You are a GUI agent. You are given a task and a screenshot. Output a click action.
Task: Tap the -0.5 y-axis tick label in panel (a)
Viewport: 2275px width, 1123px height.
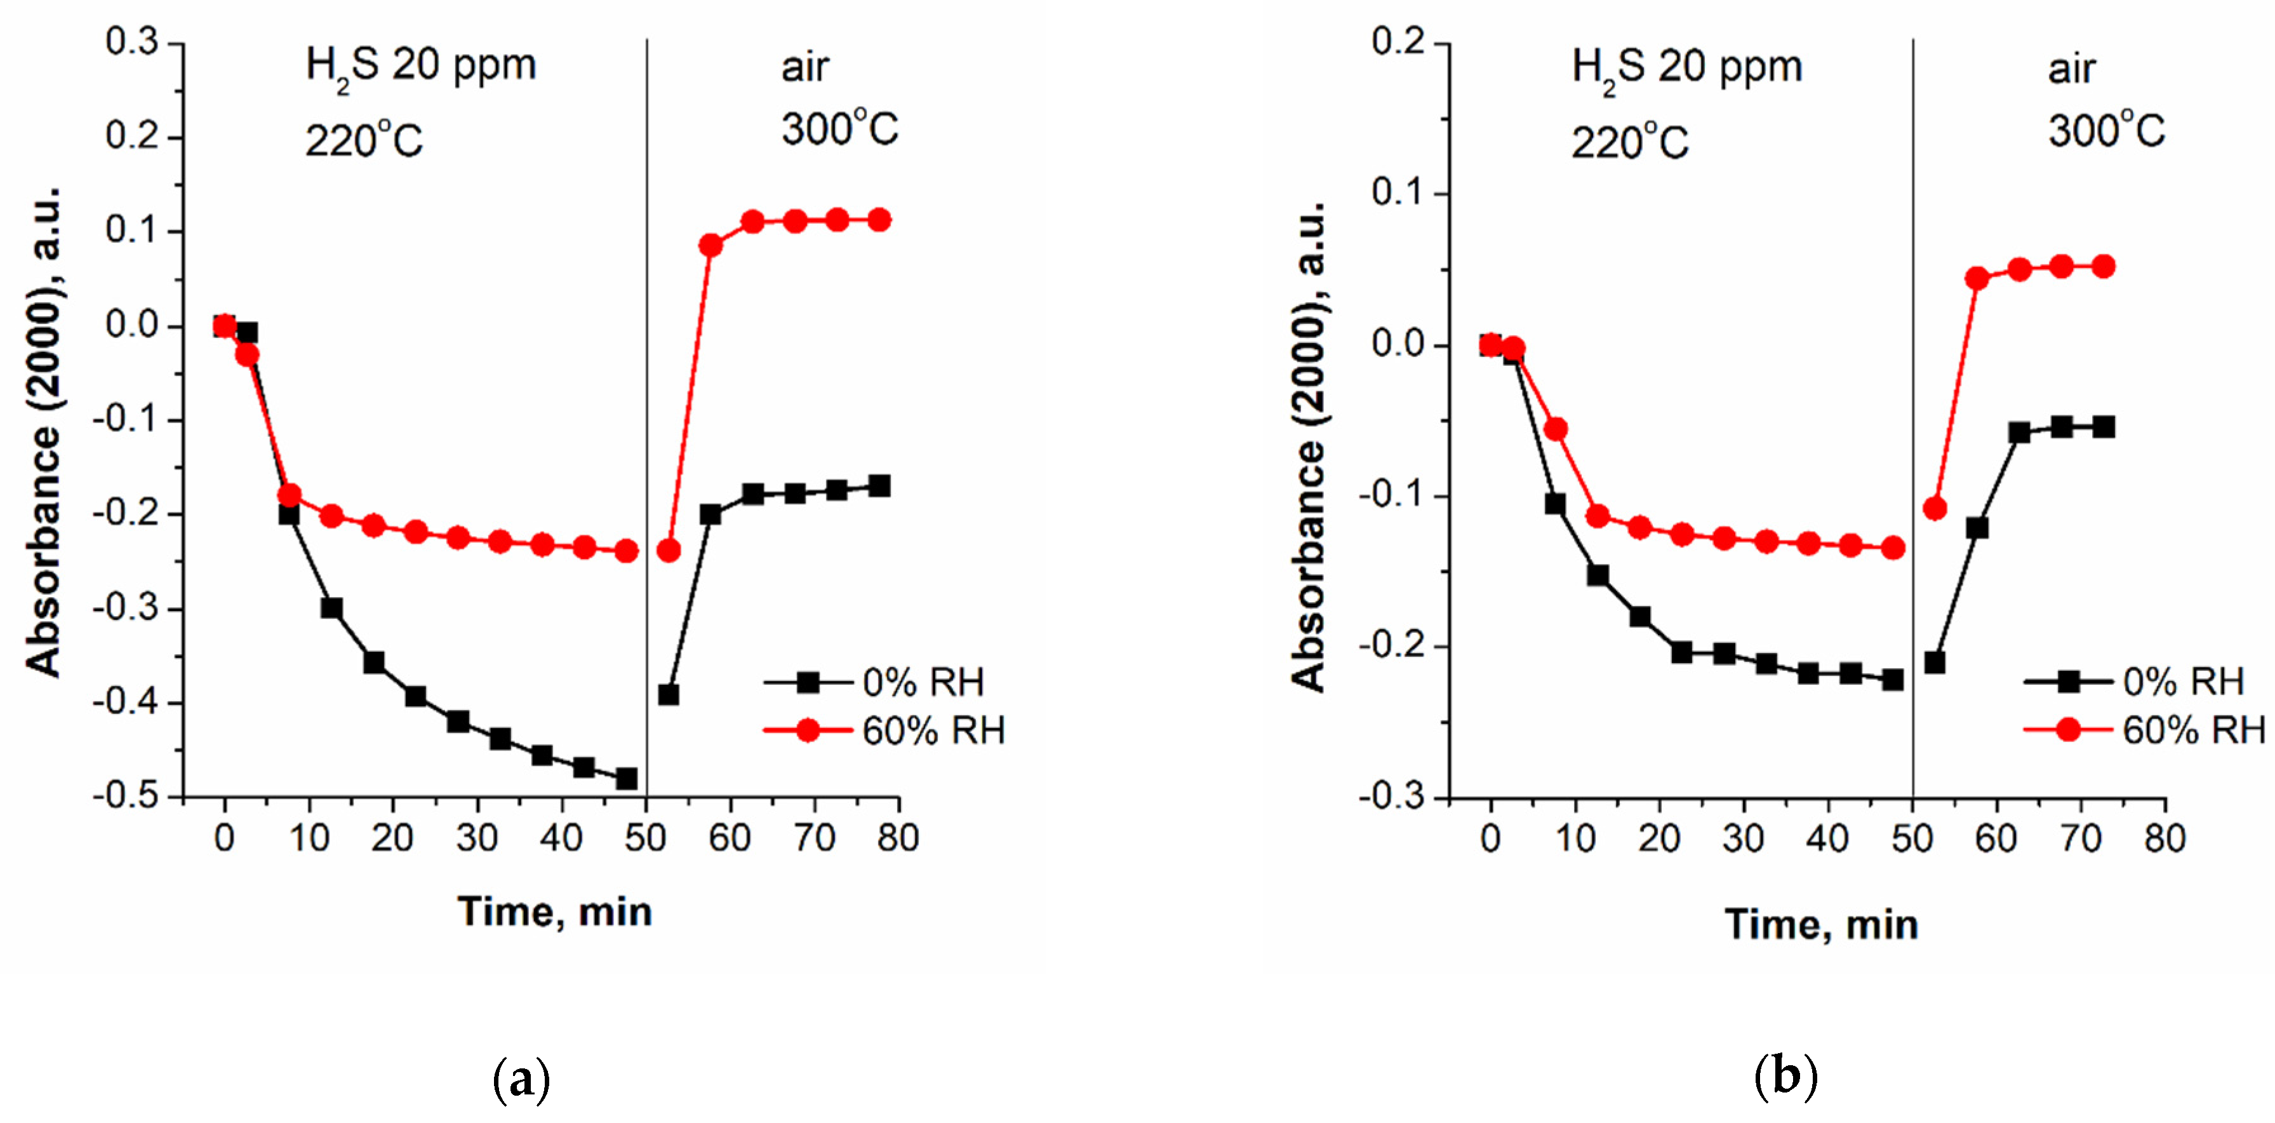tap(126, 796)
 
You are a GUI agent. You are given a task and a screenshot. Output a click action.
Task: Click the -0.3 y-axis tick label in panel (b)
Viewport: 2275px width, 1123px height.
tap(1392, 796)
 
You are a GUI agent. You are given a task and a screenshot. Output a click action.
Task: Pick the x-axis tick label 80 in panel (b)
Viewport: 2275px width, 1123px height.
tap(2165, 838)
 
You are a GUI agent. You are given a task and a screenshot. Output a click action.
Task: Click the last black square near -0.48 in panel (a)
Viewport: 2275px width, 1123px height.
tap(626, 778)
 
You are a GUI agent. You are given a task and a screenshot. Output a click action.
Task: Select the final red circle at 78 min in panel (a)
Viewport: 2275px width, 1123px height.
tap(879, 220)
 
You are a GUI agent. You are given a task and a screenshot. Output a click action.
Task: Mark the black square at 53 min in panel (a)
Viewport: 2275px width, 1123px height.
tap(669, 694)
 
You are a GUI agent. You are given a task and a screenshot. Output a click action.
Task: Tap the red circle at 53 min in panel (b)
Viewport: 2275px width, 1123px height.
tap(1934, 508)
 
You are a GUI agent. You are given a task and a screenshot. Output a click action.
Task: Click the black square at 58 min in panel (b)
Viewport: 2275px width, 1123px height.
tap(1977, 527)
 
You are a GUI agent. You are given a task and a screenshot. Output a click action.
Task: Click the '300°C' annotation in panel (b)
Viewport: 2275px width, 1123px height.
tap(2105, 131)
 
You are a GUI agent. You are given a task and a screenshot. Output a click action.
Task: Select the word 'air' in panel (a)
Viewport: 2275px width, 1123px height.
tap(804, 68)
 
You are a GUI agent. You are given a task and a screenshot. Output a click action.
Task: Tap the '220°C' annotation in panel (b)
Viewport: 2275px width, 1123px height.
tap(1629, 142)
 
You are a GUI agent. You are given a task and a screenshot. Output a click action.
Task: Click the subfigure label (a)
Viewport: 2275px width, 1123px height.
tap(521, 1079)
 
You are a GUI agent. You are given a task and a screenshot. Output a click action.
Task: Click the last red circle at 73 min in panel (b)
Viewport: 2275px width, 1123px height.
tap(2103, 266)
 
